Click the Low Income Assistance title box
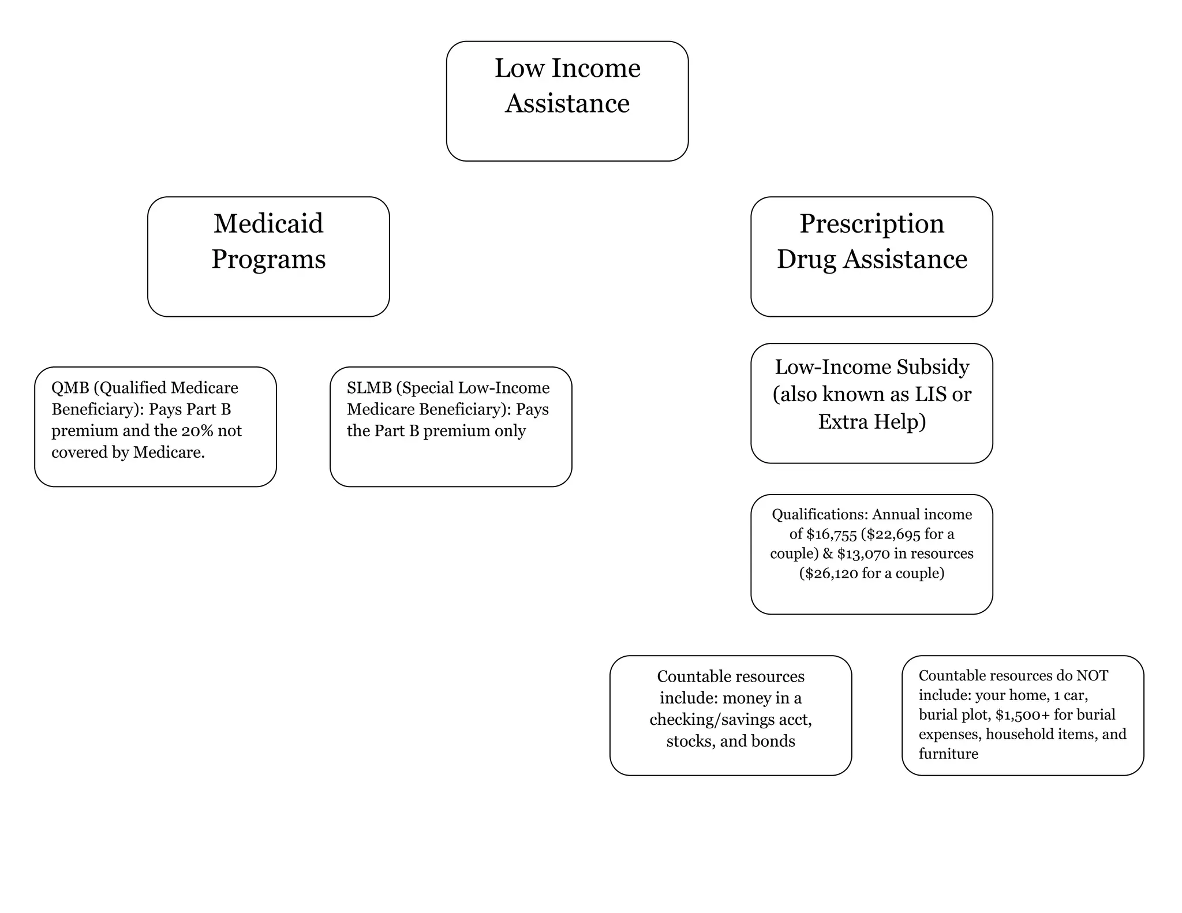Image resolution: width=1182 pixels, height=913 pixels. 567,101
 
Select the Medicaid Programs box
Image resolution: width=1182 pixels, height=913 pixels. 268,256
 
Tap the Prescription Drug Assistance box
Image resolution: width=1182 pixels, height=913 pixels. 871,256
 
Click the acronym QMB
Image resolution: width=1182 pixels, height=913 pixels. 70,388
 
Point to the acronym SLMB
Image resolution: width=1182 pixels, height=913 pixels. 369,388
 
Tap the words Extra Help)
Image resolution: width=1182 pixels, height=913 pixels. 871,421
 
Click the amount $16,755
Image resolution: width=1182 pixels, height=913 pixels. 831,534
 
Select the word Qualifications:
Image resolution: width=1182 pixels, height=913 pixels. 820,514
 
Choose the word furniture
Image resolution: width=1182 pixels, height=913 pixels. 948,754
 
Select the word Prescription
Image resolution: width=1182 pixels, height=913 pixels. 871,224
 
